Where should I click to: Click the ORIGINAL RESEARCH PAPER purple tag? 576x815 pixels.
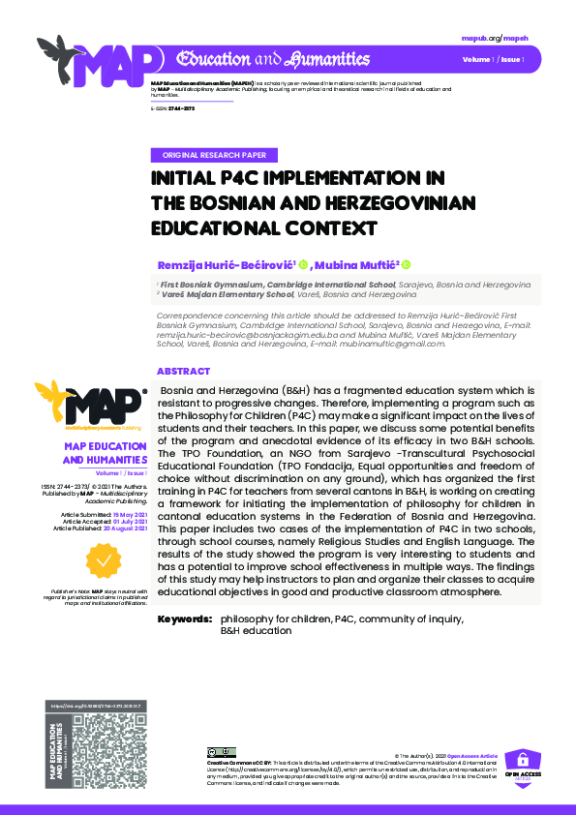[216, 155]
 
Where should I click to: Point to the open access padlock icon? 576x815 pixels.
[523, 760]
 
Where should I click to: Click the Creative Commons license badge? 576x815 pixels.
[222, 752]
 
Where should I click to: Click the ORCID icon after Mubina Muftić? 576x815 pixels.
[406, 264]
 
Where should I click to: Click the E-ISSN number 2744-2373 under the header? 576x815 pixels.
[182, 109]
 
